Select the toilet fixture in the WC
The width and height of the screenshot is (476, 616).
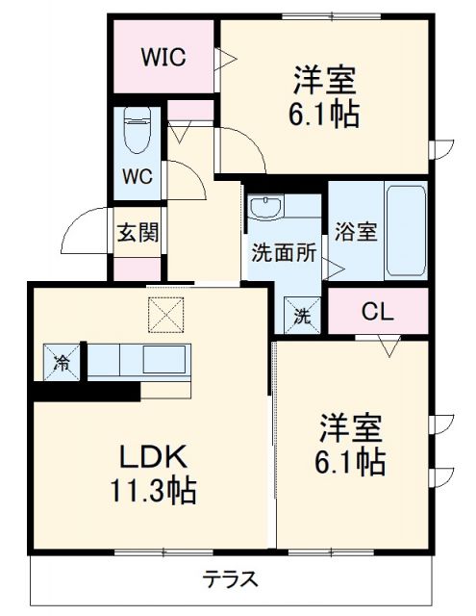click(x=138, y=130)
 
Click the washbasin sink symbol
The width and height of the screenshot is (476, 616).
click(x=264, y=207)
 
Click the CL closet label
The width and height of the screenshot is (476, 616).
click(x=376, y=311)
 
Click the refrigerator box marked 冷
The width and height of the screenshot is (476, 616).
click(x=62, y=362)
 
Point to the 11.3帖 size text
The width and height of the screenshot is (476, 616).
click(x=152, y=493)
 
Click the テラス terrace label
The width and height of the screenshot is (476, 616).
click(x=230, y=580)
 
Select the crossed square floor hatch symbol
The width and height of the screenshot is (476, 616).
click(x=164, y=313)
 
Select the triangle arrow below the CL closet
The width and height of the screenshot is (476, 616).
click(x=389, y=344)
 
